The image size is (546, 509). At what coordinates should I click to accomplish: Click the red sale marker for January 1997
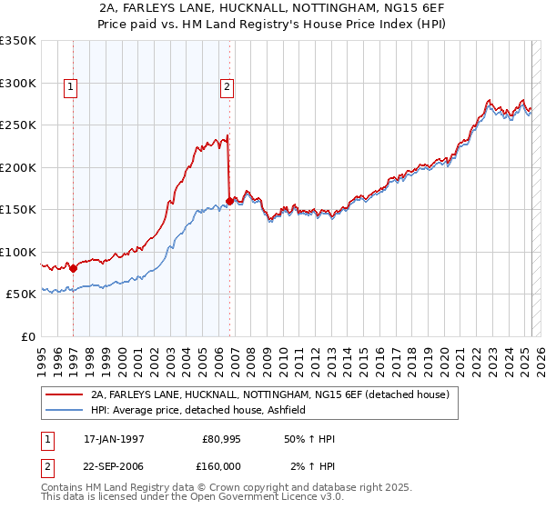73,268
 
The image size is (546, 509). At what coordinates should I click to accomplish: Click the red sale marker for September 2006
228,202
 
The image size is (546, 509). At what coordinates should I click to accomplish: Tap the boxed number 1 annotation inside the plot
70,88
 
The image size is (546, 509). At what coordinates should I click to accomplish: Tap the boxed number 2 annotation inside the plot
226,88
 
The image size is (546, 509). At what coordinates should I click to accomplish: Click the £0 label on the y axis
27,336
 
